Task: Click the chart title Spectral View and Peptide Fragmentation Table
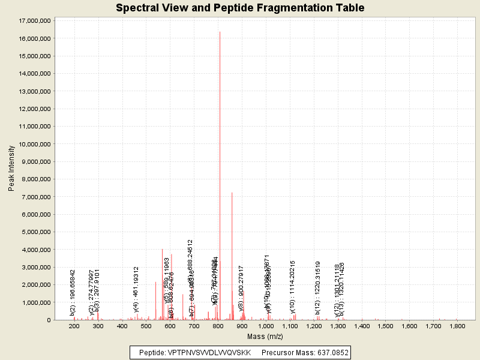pos(240,8)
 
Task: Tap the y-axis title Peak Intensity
pos(11,170)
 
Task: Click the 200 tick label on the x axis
pos(74,326)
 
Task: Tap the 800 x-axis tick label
pos(218,326)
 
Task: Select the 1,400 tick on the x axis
pos(362,326)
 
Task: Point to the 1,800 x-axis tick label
pos(457,326)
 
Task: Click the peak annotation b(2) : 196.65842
pos(73,292)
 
